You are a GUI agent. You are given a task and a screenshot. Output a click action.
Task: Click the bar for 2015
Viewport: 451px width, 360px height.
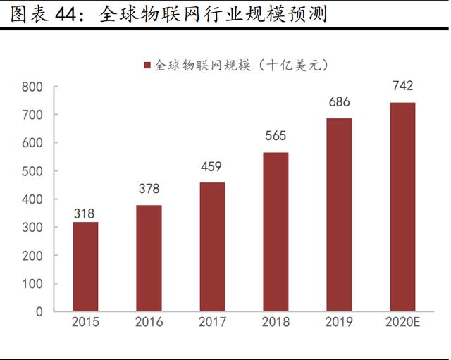[85, 266]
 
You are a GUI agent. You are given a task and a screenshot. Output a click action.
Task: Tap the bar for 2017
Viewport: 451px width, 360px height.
[212, 247]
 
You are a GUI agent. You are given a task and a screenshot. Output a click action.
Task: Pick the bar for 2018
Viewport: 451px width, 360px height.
[276, 232]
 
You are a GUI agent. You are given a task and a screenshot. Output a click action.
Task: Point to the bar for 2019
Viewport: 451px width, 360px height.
[339, 215]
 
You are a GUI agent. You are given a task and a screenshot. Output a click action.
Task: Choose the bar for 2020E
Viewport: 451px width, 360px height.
[402, 207]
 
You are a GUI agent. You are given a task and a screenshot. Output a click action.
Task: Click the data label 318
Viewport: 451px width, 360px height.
[85, 213]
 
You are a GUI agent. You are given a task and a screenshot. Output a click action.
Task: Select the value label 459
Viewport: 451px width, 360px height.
[212, 167]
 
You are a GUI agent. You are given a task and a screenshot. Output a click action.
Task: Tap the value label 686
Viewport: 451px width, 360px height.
[339, 103]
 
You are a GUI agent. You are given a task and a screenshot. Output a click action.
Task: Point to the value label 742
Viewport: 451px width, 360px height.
[402, 86]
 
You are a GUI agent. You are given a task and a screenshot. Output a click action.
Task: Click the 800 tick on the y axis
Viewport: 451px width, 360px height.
[32, 87]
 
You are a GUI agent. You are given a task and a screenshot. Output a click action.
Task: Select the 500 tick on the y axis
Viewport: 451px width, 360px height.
[32, 171]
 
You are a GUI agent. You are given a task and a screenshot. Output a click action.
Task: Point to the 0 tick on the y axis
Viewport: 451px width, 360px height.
[39, 311]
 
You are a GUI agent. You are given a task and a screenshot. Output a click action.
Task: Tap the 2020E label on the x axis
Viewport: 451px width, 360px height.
[403, 323]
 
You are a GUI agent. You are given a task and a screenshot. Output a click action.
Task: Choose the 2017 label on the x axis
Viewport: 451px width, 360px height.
[212, 323]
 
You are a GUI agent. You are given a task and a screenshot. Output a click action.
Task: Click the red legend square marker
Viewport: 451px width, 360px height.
[147, 65]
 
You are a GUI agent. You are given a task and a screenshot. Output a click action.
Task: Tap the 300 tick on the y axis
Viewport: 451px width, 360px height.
[32, 228]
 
